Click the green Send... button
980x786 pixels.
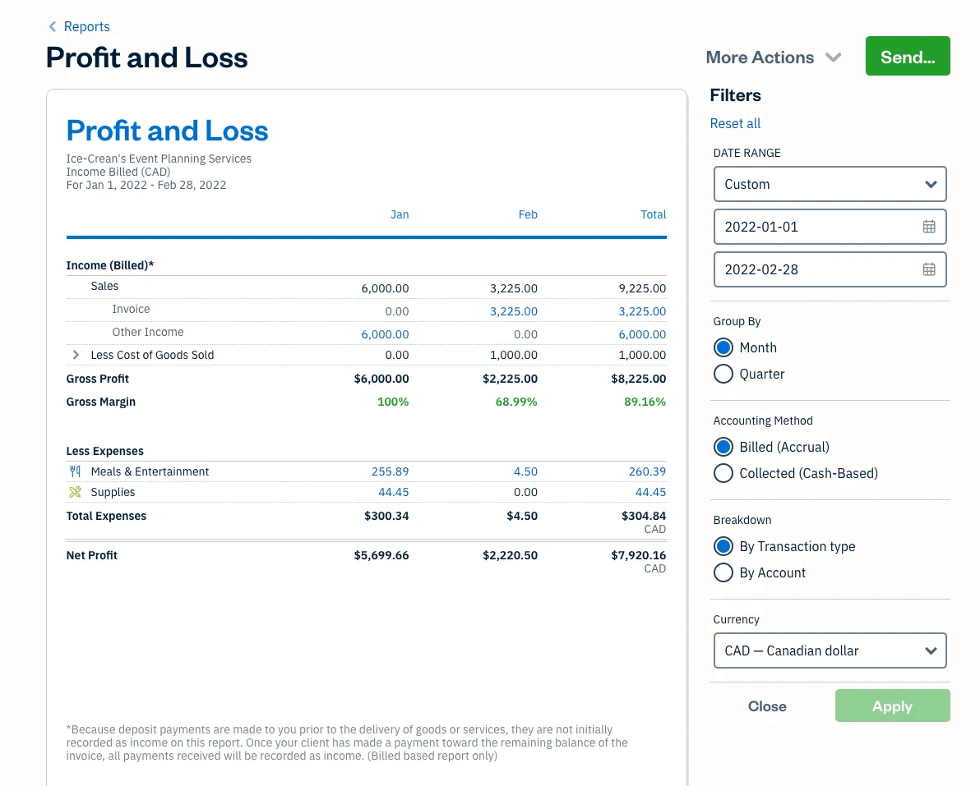point(907,57)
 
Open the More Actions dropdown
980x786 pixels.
point(773,57)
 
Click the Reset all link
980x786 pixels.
point(735,123)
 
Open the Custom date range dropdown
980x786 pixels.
point(830,184)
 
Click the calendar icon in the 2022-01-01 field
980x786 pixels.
point(929,227)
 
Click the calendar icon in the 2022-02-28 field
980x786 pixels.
point(929,269)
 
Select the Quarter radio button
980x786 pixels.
point(723,375)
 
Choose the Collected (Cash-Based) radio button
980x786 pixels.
point(723,474)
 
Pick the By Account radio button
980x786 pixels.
point(723,573)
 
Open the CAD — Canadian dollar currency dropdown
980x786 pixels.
point(830,650)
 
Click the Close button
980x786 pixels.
point(767,706)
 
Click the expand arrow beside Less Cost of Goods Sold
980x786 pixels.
point(76,355)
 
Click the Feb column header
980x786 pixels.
point(528,214)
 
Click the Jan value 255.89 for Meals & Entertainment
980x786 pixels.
point(390,471)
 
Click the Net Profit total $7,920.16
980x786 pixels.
point(638,555)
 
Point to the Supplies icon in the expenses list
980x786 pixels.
point(76,492)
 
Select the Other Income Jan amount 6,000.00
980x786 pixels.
point(385,334)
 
